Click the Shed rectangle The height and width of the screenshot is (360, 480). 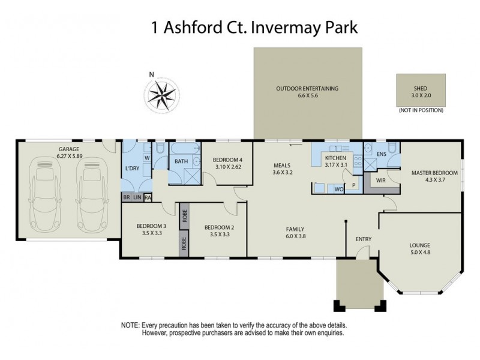[x=420, y=90]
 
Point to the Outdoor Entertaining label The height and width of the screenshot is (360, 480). [x=307, y=88]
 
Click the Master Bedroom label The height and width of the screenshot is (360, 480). [x=434, y=173]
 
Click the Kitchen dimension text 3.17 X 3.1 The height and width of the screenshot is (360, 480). [x=336, y=164]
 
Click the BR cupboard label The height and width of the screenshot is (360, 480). [x=127, y=197]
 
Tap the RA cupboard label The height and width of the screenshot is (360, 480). [x=148, y=197]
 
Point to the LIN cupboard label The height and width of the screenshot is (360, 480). [x=137, y=197]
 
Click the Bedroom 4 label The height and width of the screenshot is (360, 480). [x=227, y=160]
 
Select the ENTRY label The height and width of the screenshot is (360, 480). [x=364, y=239]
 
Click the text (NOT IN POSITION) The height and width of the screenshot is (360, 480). [x=420, y=110]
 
